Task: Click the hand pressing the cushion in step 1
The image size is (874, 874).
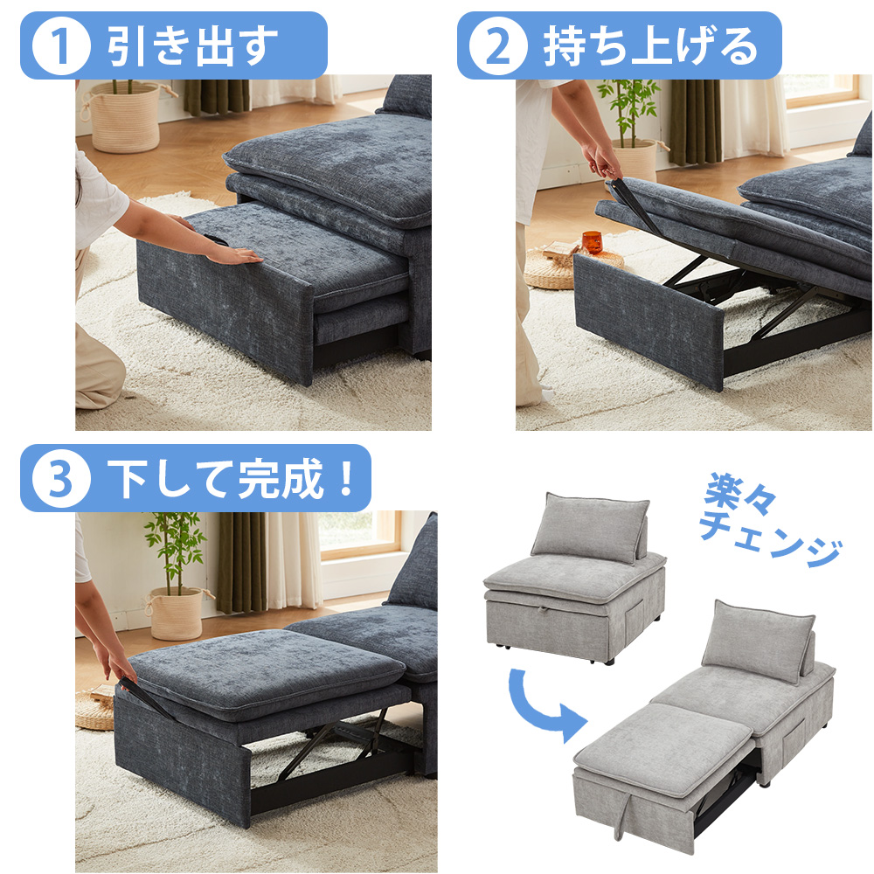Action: click(232, 254)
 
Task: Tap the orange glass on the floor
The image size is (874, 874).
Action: click(592, 242)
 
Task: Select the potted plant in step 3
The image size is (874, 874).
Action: click(176, 577)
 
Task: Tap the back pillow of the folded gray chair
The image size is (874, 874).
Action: click(590, 528)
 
